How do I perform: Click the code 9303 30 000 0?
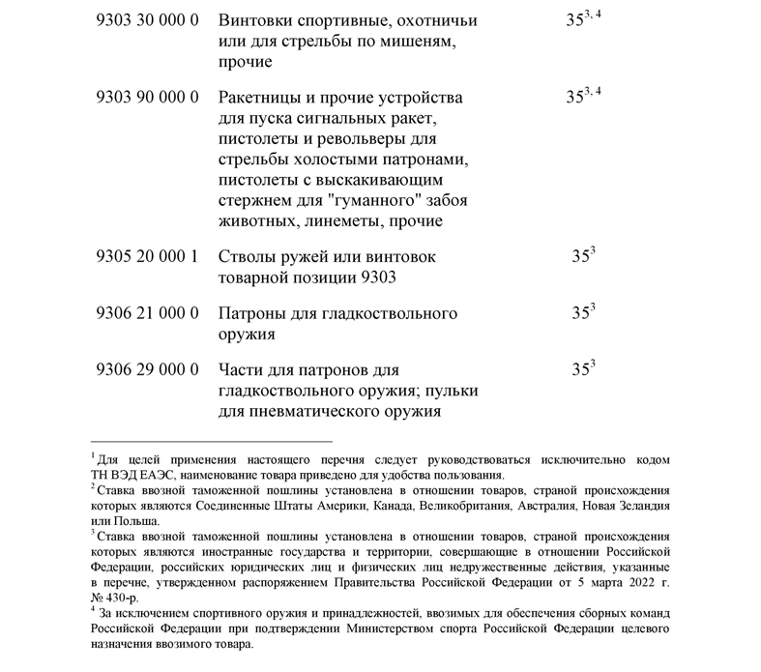tap(148, 20)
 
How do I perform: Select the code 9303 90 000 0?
tap(148, 99)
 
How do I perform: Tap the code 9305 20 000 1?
tap(148, 257)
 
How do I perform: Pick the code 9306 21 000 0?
tap(148, 313)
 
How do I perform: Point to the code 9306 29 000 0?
tap(148, 370)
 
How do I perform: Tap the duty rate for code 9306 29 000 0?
tap(582, 369)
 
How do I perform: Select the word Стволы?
tap(248, 257)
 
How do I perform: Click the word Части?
tap(243, 370)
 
